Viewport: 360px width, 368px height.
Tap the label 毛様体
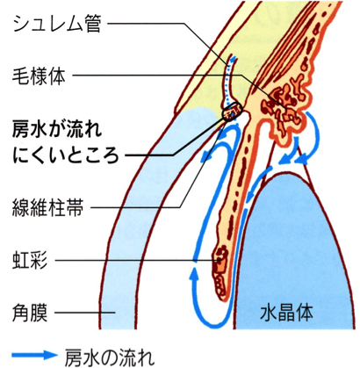(39, 76)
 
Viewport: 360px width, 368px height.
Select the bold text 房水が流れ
(57, 129)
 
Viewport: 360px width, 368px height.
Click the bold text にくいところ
(66, 154)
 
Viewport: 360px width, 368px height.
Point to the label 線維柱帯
(47, 207)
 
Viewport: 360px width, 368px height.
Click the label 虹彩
(30, 260)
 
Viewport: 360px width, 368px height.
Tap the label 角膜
(30, 313)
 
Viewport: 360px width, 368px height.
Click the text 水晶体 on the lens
(286, 313)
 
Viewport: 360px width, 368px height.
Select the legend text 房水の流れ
(109, 355)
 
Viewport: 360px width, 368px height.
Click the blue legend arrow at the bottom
(34, 355)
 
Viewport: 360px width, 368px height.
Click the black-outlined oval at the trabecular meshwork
(232, 112)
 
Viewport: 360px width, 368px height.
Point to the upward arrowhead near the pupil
(193, 276)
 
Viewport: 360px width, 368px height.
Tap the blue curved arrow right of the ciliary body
(312, 135)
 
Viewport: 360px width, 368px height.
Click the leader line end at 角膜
(115, 313)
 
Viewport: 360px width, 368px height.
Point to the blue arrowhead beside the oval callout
(206, 155)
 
